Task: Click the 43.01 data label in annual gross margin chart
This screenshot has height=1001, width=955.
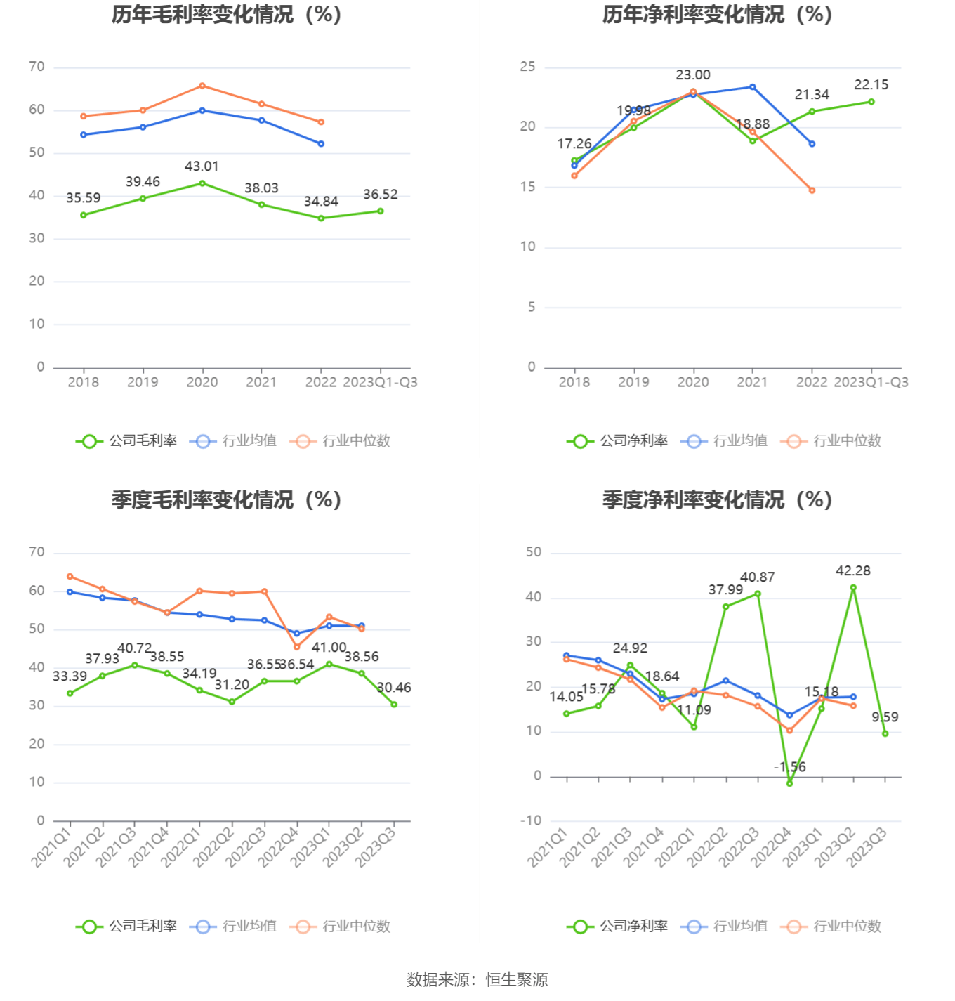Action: tap(202, 166)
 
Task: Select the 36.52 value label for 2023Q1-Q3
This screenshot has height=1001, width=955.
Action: tap(380, 195)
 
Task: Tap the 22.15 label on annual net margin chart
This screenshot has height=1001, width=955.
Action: tap(871, 85)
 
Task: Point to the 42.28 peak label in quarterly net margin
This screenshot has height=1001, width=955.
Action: tap(852, 571)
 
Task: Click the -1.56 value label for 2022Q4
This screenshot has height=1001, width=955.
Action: tap(790, 767)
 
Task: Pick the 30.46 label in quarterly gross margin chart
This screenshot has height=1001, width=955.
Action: tap(394, 688)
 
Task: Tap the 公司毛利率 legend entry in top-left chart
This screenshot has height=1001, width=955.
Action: tap(127, 441)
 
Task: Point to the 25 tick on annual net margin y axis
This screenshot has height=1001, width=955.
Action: tap(527, 67)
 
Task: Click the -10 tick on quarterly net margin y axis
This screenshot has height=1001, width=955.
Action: tap(531, 820)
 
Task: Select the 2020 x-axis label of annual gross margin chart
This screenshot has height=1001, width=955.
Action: tap(202, 382)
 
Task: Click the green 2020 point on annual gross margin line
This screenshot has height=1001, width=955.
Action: tap(202, 183)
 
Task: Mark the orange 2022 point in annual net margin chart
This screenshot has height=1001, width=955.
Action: tap(812, 190)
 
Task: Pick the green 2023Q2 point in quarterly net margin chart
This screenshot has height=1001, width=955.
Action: tap(853, 588)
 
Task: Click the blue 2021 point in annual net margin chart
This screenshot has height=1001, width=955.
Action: tap(752, 87)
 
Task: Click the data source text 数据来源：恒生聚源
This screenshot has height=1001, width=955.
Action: tap(477, 979)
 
